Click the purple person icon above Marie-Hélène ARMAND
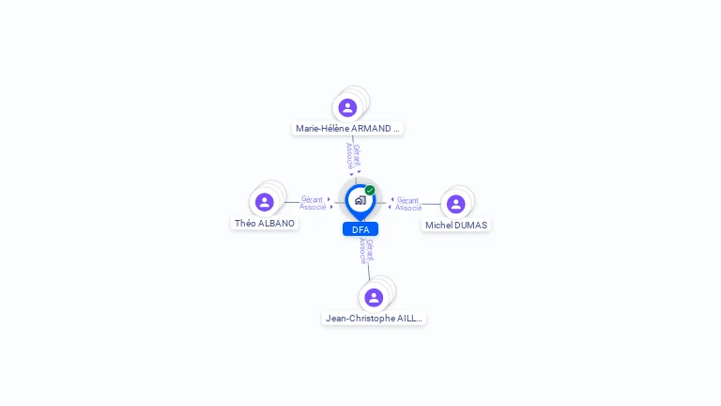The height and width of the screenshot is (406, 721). [347, 108]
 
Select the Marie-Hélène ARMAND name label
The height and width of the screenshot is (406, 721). [347, 129]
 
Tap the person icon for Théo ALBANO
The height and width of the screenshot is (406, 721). [265, 202]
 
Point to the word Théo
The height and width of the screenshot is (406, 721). [245, 224]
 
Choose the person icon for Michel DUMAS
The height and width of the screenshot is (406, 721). [456, 204]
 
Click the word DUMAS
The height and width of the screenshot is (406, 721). [469, 226]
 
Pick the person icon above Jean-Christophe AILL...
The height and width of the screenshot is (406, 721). [374, 298]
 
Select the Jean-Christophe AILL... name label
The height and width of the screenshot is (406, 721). [374, 319]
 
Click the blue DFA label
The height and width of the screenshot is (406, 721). [360, 229]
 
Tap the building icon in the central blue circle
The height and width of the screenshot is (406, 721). [360, 200]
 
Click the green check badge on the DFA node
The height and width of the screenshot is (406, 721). [370, 191]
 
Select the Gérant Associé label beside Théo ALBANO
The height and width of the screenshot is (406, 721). [313, 203]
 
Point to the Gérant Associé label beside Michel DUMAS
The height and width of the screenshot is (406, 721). [408, 204]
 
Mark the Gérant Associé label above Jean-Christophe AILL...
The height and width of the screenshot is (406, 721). [366, 251]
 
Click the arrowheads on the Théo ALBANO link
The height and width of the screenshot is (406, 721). [330, 203]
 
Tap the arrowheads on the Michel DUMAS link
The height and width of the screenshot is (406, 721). [391, 203]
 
